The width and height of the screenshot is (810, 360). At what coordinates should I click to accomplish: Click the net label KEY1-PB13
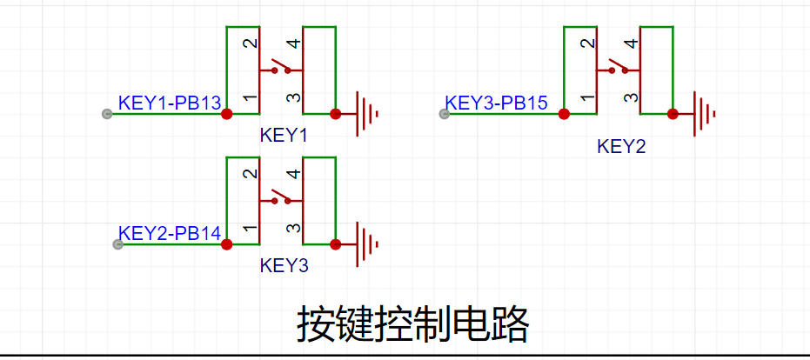coord(169,103)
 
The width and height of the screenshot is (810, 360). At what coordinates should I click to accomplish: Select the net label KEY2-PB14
coord(169,233)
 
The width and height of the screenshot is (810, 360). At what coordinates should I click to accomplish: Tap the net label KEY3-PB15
coord(496,103)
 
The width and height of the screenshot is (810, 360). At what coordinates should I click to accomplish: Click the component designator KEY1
coord(284,136)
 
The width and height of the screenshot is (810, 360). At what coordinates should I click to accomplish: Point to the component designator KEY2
coord(621,146)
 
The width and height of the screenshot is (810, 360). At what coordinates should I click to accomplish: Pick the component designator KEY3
coord(284,265)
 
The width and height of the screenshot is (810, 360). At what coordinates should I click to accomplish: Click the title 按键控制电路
coord(413,324)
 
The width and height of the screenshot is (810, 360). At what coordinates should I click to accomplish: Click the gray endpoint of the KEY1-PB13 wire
coord(107,114)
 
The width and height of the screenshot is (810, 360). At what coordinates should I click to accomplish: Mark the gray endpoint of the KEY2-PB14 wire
coord(118,244)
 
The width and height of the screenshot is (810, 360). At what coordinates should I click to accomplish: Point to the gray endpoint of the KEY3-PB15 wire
coord(444,114)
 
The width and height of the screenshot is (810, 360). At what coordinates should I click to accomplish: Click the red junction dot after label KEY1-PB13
coord(227,114)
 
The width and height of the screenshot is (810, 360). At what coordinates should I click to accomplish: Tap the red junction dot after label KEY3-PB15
coord(564,114)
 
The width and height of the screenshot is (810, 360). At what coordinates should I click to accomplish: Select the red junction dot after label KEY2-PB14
coord(227,244)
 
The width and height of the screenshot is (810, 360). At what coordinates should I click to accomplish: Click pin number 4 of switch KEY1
coord(293,43)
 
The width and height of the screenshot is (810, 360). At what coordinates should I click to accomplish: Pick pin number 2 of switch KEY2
coord(588,43)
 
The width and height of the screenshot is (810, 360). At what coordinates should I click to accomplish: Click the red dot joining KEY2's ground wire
coord(673,114)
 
